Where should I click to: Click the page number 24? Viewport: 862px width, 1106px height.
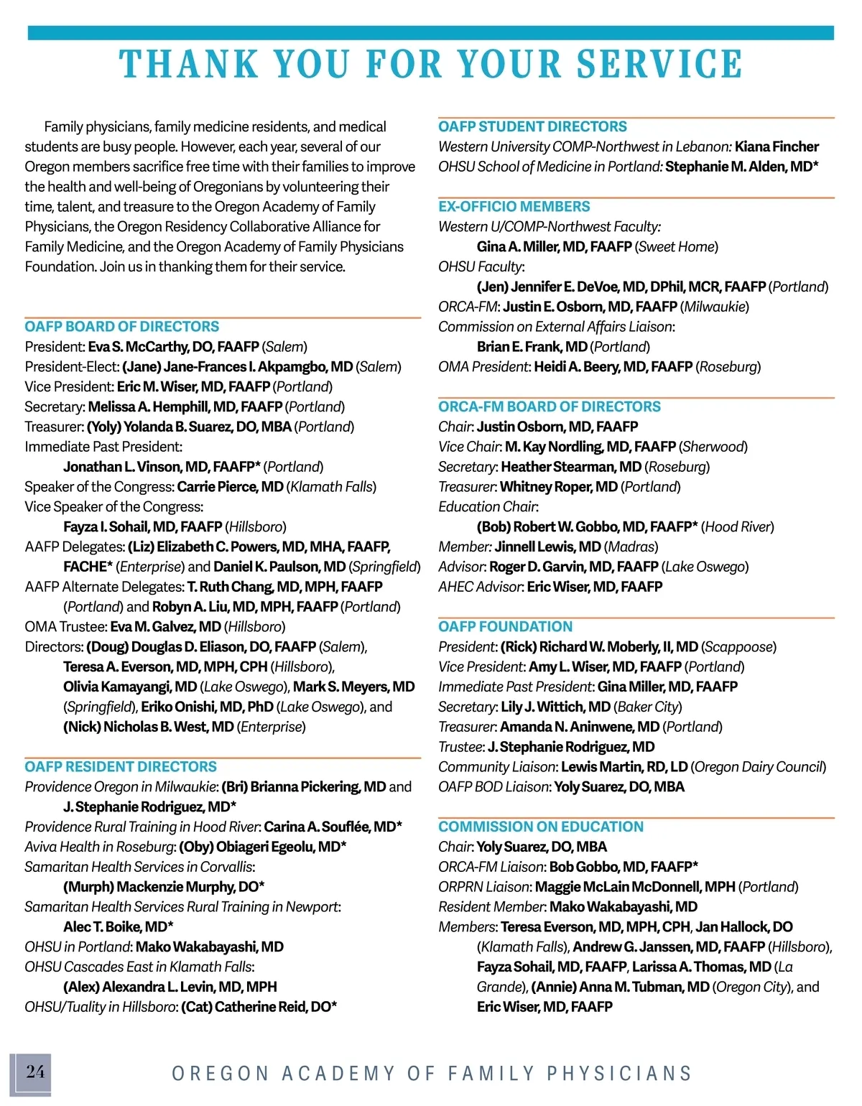pyautogui.click(x=35, y=1072)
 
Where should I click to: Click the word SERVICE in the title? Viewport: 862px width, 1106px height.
pyautogui.click(x=660, y=64)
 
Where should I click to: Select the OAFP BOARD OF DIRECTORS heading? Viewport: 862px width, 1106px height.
pyautogui.click(x=122, y=327)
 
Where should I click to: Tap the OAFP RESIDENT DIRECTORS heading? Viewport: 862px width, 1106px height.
pyautogui.click(x=121, y=767)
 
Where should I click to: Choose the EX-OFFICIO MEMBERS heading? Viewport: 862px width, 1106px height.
pyautogui.click(x=514, y=207)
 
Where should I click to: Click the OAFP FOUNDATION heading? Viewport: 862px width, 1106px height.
pyautogui.click(x=506, y=627)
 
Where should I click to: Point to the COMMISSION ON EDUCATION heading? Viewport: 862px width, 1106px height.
pyautogui.click(x=541, y=827)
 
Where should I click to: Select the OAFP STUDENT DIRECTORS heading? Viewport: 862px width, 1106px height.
pyautogui.click(x=532, y=127)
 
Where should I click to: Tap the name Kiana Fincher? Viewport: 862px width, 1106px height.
pyautogui.click(x=777, y=147)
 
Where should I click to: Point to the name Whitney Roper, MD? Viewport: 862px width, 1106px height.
pyautogui.click(x=559, y=487)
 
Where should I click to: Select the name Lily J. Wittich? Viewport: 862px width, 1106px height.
pyautogui.click(x=555, y=707)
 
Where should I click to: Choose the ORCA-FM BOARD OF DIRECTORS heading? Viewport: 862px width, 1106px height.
pyautogui.click(x=550, y=406)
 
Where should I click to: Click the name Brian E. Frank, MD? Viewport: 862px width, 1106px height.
pyautogui.click(x=532, y=347)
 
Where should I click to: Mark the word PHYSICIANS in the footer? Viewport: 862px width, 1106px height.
pyautogui.click(x=619, y=1074)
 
